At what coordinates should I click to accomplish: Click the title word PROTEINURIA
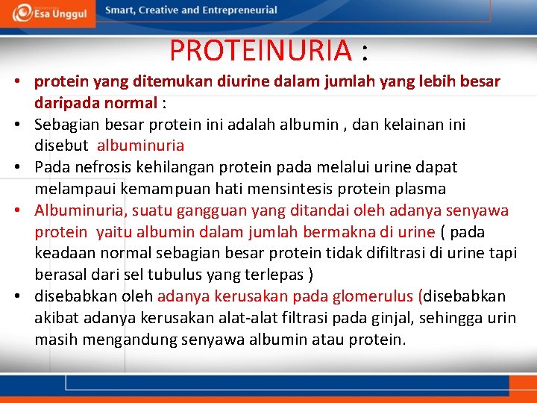(260, 51)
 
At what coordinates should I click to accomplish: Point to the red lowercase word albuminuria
(140, 145)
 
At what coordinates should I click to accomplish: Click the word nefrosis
(100, 166)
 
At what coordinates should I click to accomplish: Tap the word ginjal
(393, 318)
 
